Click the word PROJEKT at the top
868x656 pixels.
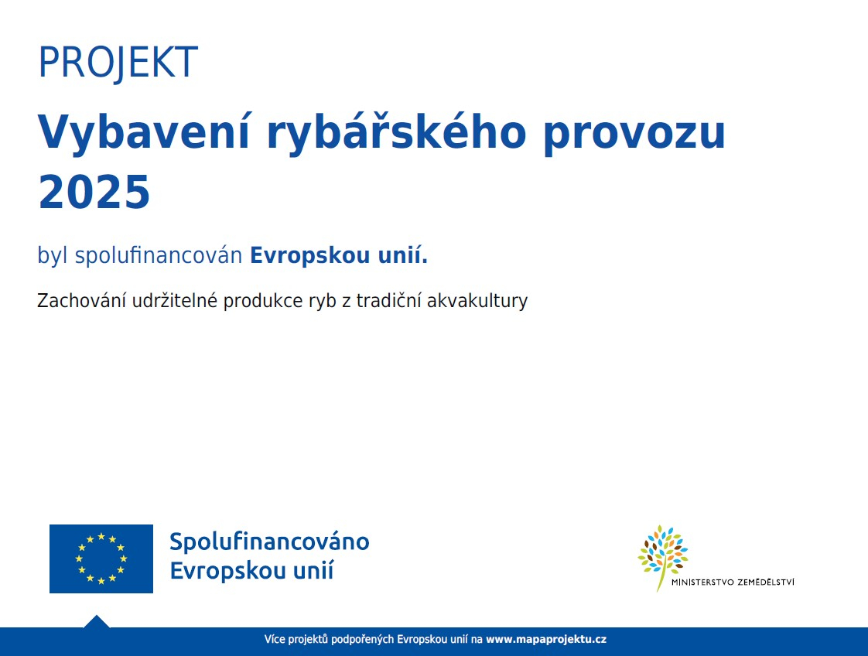click(118, 62)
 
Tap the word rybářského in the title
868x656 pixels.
click(396, 132)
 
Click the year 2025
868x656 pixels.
click(94, 192)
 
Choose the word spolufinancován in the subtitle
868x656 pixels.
click(159, 256)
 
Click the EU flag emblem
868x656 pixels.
click(101, 559)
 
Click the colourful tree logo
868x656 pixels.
click(663, 556)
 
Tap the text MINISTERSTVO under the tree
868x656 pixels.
click(702, 583)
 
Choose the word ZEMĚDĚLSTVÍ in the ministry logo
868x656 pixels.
click(766, 582)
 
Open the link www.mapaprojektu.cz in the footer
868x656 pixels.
click(546, 640)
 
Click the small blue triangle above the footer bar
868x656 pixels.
click(97, 622)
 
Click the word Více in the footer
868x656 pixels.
click(275, 640)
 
